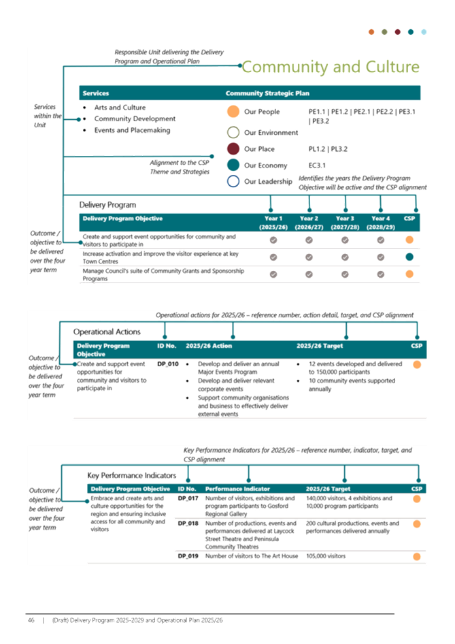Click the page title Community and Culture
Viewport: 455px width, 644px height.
(331, 67)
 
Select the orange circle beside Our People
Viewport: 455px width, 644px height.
(233, 111)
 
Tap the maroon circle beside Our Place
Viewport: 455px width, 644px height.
(233, 148)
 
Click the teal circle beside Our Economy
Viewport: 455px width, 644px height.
(233, 165)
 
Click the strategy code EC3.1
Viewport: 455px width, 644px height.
(317, 165)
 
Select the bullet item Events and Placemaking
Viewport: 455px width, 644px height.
(132, 130)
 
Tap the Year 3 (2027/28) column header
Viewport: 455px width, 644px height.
(345, 223)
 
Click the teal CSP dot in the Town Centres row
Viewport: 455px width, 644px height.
(409, 257)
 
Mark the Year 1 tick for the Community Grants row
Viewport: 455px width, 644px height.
(273, 274)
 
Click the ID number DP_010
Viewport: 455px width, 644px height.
(168, 364)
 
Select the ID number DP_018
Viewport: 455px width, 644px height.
(188, 524)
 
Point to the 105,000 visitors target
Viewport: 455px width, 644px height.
(326, 556)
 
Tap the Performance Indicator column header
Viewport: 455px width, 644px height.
(237, 489)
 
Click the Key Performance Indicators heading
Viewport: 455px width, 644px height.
(132, 475)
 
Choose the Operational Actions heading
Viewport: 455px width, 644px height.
(107, 332)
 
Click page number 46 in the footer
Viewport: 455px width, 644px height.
(31, 620)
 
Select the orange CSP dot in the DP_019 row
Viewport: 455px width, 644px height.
(416, 556)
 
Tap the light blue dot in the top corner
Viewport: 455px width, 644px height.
(424, 32)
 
